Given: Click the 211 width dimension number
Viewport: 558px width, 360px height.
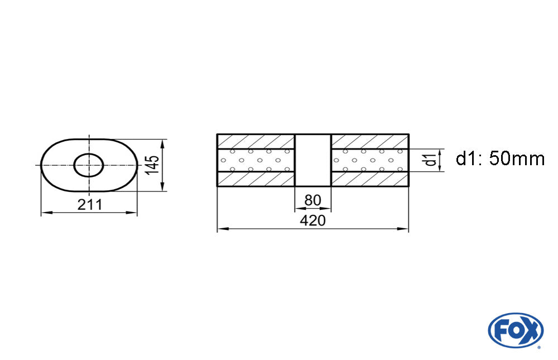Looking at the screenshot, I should [90, 204].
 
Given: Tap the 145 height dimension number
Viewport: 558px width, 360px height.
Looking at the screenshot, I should [154, 165].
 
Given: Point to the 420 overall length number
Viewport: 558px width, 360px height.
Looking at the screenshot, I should [312, 220].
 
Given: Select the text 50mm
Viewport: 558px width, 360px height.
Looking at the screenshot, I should [516, 159].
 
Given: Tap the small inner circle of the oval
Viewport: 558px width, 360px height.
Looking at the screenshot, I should [89, 165].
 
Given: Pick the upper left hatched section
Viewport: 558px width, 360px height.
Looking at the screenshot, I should [256, 142].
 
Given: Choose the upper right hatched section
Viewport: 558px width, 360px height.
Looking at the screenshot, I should [370, 142].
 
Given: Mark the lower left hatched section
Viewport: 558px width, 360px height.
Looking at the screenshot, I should [256, 179].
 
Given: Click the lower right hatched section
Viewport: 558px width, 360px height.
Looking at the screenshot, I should [370, 179].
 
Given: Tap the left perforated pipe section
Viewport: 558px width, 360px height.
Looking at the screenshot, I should [256, 160].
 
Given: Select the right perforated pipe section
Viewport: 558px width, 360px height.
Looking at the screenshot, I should [370, 160].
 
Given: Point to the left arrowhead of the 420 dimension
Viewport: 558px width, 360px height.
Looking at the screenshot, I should [221, 229].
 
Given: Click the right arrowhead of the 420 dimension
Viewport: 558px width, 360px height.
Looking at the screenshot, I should [405, 229].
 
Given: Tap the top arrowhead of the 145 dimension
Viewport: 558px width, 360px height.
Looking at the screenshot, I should [162, 142].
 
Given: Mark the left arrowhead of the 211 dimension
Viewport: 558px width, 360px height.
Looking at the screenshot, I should [45, 213].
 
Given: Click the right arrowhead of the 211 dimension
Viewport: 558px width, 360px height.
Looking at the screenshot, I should [133, 213].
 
